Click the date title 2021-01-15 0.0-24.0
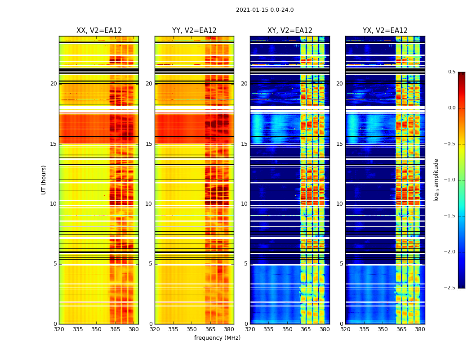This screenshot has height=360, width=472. (265, 10)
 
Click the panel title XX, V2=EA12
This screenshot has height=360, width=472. (99, 31)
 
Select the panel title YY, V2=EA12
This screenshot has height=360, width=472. (194, 31)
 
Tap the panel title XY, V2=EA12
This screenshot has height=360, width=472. (290, 31)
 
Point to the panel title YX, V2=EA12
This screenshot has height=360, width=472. (385, 31)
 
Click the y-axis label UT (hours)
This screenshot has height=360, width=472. (44, 180)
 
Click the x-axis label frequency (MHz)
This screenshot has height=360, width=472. (217, 338)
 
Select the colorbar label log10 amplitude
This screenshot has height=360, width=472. (436, 180)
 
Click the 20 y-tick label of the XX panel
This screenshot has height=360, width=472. (54, 84)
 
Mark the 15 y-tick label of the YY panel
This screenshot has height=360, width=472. (149, 144)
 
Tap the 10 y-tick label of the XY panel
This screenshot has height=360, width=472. (245, 204)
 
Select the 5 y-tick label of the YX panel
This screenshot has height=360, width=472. (342, 264)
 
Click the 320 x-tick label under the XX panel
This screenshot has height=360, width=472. (59, 329)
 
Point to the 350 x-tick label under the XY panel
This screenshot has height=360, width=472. (287, 329)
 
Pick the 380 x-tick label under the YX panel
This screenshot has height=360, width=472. (420, 329)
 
